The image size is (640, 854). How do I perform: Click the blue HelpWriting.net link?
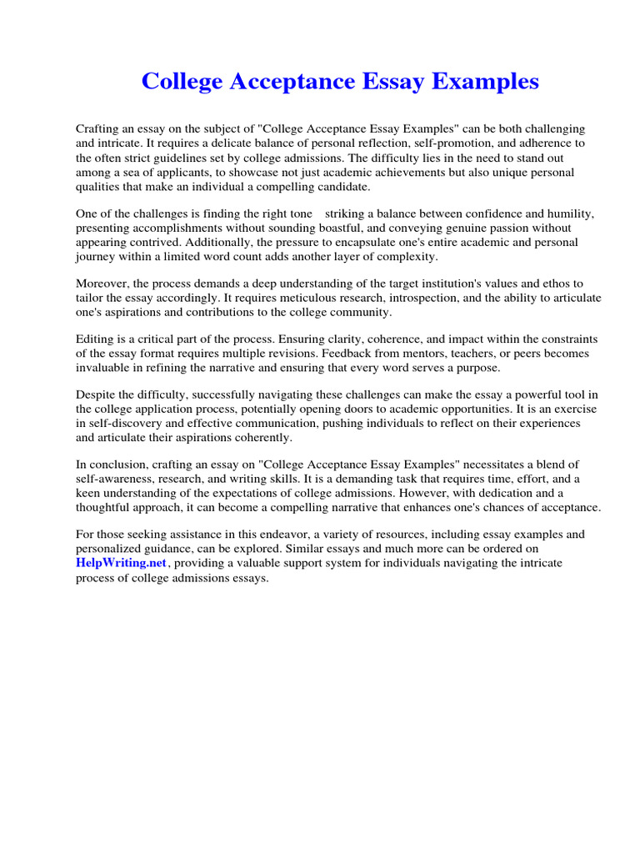click(x=122, y=564)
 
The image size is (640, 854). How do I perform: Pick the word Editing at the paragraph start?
click(x=96, y=339)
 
